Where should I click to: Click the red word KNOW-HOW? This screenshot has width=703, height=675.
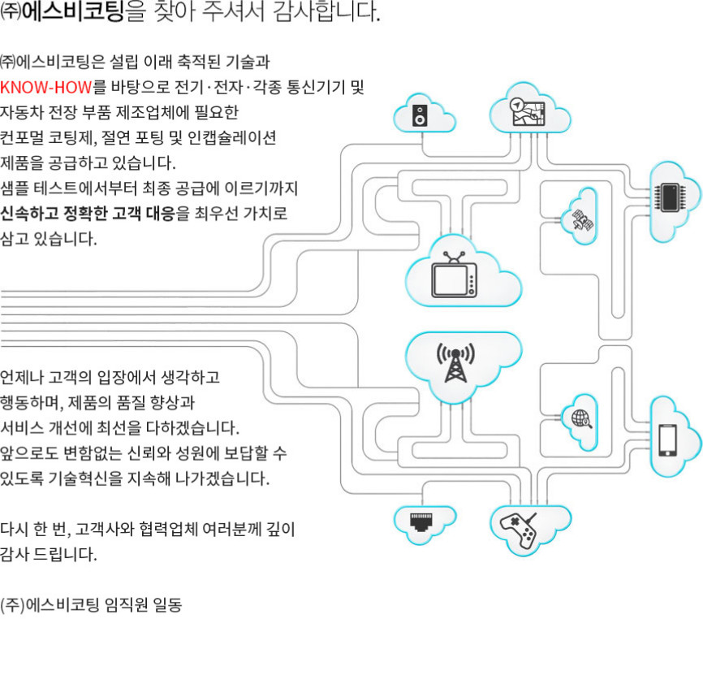click(46, 87)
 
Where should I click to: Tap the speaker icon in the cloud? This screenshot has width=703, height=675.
click(420, 115)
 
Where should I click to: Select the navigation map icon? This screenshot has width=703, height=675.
click(528, 111)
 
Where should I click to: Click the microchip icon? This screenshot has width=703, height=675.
click(670, 197)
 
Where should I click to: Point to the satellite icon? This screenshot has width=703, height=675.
click(582, 220)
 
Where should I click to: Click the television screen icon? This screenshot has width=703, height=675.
click(454, 279)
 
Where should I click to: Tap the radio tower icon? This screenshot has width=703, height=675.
click(455, 362)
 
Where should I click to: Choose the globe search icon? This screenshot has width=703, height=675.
click(581, 419)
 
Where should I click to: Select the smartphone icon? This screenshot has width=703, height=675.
click(667, 439)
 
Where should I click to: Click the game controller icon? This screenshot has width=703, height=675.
click(519, 530)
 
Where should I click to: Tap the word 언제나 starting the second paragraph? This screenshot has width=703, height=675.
click(22, 377)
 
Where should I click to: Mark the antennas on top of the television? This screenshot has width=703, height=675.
click(454, 257)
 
